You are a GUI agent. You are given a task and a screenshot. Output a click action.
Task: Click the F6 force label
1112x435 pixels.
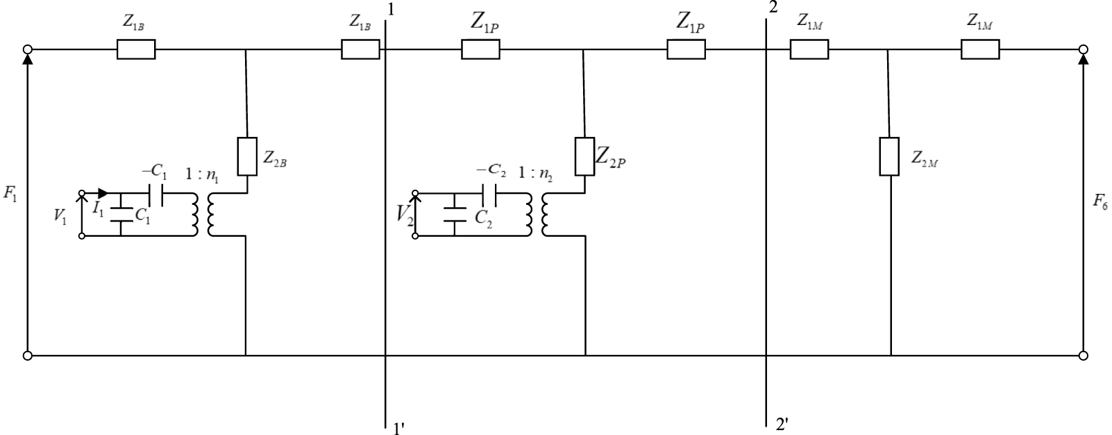pyautogui.click(x=1100, y=202)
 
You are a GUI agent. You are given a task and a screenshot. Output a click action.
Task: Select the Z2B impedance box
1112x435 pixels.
pyautogui.click(x=247, y=157)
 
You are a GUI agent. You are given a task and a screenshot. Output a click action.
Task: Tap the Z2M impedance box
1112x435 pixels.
pyautogui.click(x=889, y=157)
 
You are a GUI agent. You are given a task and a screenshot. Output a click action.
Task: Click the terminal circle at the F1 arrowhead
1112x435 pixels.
pyautogui.click(x=27, y=49)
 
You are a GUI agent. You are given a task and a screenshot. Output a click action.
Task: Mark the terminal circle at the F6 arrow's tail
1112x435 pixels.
pyautogui.click(x=1083, y=356)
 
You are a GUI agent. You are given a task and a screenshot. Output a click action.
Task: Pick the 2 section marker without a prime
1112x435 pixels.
pyautogui.click(x=773, y=8)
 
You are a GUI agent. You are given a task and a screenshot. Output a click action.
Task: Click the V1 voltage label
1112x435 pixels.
pyautogui.click(x=60, y=215)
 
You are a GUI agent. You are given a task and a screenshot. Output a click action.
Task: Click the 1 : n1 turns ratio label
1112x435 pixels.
pyautogui.click(x=203, y=177)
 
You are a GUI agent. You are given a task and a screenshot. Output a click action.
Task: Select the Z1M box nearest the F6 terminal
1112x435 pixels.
pyautogui.click(x=979, y=49)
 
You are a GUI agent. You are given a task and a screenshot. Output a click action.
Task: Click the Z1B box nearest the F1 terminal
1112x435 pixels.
pyautogui.click(x=136, y=49)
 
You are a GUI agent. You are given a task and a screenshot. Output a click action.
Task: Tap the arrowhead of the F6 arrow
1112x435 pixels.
pyautogui.click(x=1083, y=59)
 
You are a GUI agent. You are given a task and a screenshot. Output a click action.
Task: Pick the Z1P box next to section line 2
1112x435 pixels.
pyautogui.click(x=686, y=49)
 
